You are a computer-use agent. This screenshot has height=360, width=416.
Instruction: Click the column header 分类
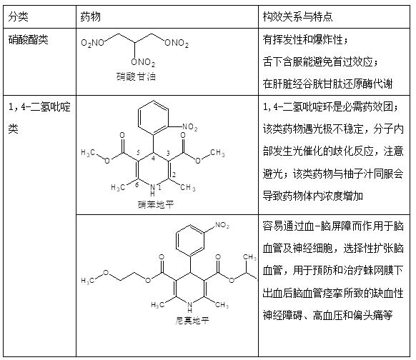[x=18, y=17]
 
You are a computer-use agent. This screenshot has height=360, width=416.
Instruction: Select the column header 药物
[x=91, y=17]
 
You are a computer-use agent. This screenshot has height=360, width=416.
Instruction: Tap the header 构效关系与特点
[x=297, y=17]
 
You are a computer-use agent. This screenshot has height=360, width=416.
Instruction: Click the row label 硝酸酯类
[x=28, y=40]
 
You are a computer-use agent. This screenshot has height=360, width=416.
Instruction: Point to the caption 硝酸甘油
[x=136, y=76]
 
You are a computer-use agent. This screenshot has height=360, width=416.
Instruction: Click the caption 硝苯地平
[x=156, y=204]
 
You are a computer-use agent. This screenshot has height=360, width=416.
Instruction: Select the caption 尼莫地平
[x=192, y=321]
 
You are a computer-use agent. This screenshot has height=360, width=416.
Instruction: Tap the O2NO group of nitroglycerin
[x=93, y=43]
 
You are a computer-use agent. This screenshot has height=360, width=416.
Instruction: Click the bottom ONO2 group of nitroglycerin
[x=143, y=62]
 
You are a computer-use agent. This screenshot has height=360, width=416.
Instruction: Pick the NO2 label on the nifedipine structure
[x=189, y=127]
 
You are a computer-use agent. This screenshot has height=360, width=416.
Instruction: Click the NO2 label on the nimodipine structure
[x=222, y=225]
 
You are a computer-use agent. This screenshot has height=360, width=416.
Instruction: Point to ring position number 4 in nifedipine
[x=153, y=159]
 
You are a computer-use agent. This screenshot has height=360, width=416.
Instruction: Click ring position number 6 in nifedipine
[x=137, y=184]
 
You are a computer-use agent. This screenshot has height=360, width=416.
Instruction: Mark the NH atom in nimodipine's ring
[x=190, y=306]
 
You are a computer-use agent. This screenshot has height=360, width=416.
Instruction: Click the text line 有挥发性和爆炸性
[x=305, y=40]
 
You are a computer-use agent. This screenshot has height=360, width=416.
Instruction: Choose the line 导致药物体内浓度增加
[x=313, y=196]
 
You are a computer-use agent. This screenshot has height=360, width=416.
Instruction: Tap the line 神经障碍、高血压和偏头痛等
[x=327, y=315]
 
